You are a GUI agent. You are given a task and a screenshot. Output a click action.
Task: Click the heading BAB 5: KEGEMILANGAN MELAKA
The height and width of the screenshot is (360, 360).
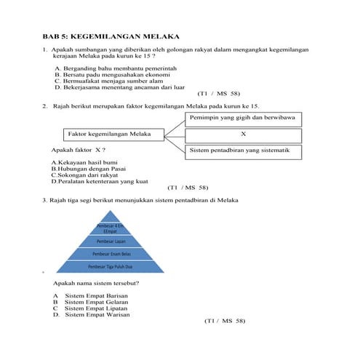(x=110, y=36)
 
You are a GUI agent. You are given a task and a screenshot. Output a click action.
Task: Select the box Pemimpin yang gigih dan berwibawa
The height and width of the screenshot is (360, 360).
(x=244, y=117)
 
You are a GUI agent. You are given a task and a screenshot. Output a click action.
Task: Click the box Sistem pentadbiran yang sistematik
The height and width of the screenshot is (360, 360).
(x=244, y=151)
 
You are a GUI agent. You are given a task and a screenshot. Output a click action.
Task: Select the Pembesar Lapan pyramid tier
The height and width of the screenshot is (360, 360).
(x=112, y=241)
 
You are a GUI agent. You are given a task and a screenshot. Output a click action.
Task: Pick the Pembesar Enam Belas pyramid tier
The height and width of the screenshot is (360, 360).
(x=112, y=254)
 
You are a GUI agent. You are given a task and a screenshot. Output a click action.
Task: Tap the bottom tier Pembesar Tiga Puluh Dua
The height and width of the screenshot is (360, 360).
(x=112, y=267)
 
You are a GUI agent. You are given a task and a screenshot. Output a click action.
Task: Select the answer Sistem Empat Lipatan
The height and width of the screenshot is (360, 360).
(x=97, y=308)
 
